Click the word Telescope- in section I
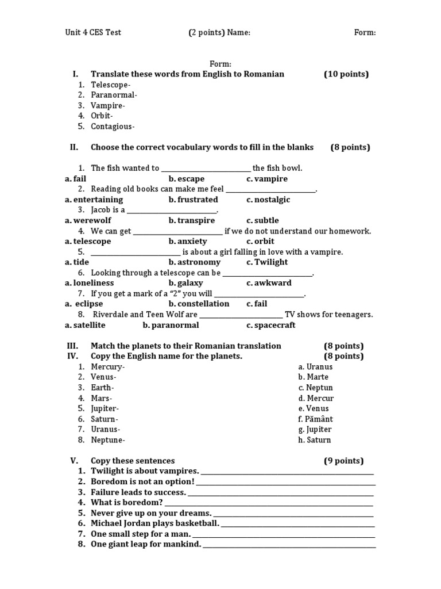click(110, 85)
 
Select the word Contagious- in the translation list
click(113, 127)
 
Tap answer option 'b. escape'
click(187, 179)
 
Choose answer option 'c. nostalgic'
click(268, 200)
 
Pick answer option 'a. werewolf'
click(88, 220)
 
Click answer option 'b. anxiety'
click(188, 241)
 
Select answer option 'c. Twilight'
click(267, 262)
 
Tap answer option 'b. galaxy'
click(185, 283)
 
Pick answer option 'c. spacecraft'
click(271, 325)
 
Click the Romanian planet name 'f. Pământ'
click(315, 419)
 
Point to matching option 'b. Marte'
click(313, 377)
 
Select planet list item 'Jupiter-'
click(106, 408)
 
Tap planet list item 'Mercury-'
click(107, 366)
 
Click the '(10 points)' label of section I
click(346, 74)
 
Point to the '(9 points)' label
click(343, 461)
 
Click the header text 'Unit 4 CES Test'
click(93, 32)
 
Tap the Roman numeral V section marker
click(73, 461)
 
